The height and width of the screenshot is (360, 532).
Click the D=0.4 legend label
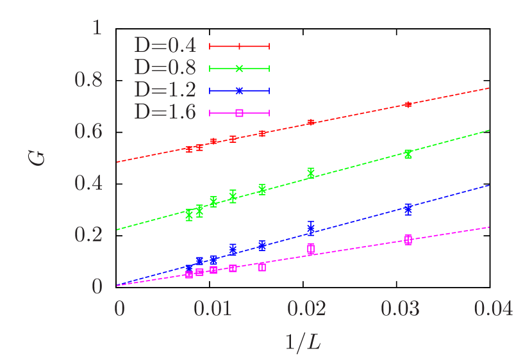(x=165, y=45)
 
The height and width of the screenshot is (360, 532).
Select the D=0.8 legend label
(x=165, y=68)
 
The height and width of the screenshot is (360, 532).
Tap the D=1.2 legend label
(x=165, y=90)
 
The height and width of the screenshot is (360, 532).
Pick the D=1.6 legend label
(x=165, y=112)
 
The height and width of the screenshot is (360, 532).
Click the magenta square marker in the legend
(x=239, y=113)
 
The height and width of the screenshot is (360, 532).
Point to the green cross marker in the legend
(x=239, y=69)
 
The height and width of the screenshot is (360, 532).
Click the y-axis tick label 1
(x=97, y=28)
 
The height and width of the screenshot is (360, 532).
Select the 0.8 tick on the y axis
(x=88, y=80)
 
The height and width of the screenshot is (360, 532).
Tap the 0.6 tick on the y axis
(x=88, y=131)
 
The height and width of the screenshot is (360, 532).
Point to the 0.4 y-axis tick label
(x=88, y=183)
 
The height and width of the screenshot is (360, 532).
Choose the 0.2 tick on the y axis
(x=88, y=234)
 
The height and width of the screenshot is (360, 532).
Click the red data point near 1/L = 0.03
(x=408, y=104)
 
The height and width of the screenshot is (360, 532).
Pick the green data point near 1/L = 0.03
(x=408, y=154)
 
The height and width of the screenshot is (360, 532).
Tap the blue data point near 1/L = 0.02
(x=311, y=228)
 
